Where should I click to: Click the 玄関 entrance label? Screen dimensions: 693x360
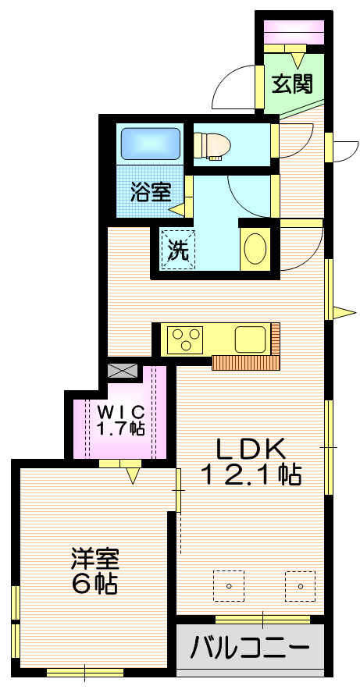(x=292, y=84)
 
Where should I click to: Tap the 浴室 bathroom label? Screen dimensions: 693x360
(x=151, y=192)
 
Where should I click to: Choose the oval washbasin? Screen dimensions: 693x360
(x=254, y=250)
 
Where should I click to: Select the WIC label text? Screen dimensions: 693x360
(x=120, y=411)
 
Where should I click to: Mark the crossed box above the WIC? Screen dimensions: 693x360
(x=123, y=371)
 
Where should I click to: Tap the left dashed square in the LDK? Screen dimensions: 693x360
(x=229, y=585)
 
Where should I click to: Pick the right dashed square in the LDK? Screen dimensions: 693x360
(x=300, y=585)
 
